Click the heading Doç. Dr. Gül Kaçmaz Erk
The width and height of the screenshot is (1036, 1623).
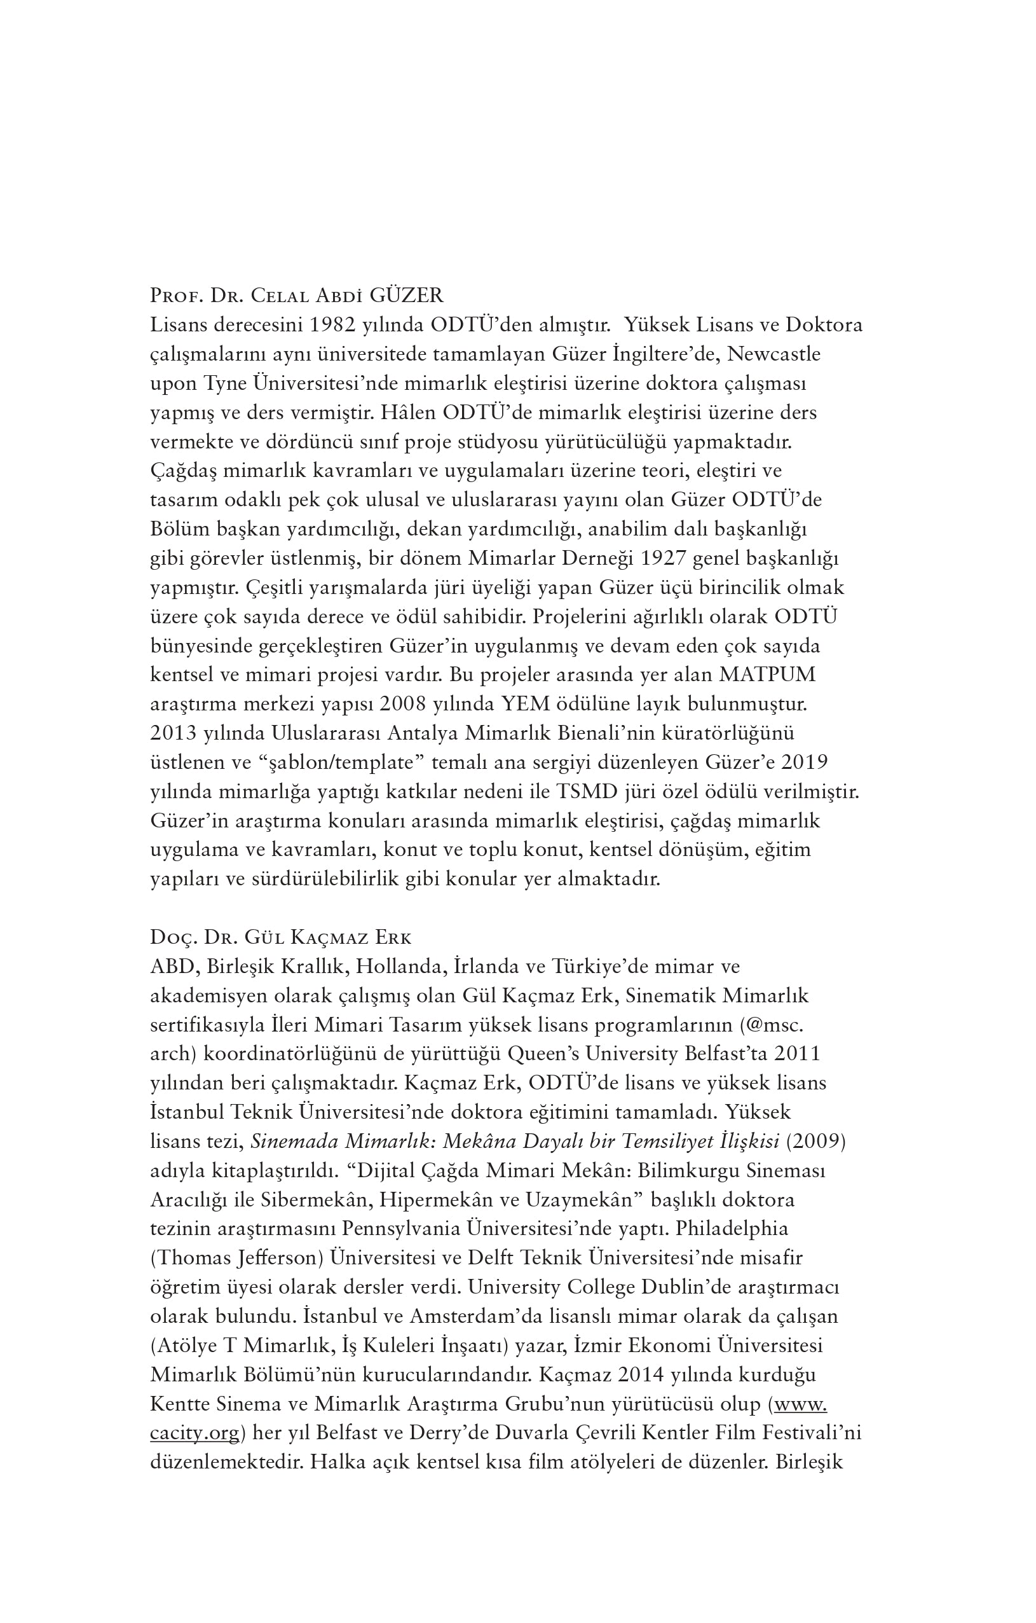pos(281,937)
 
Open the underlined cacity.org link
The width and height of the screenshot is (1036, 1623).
pos(194,1433)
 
